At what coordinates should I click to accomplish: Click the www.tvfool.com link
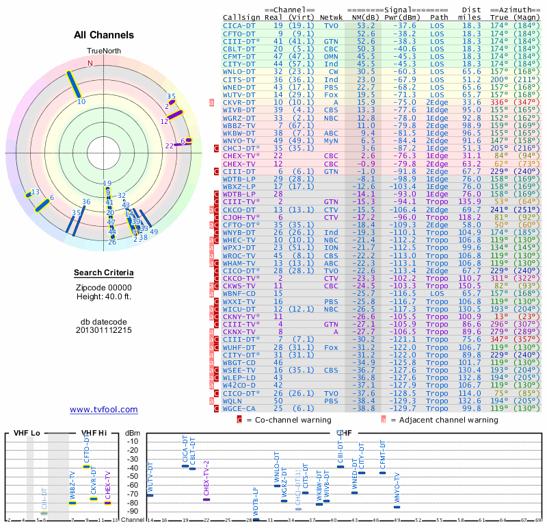pos(104,409)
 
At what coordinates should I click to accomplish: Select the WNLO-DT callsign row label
pos(239,71)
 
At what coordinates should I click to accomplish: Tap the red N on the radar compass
pos(90,63)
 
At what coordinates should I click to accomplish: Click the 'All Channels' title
pos(104,35)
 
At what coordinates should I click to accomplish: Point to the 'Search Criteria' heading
pos(104,273)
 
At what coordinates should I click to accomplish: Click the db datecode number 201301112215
pos(104,330)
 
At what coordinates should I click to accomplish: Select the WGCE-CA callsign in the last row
pos(239,408)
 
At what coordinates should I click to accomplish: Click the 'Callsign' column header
pos(241,17)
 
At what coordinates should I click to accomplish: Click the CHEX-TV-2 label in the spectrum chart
pos(206,477)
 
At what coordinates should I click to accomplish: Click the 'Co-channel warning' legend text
pos(289,420)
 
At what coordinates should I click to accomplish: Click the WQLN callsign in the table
pos(235,401)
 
